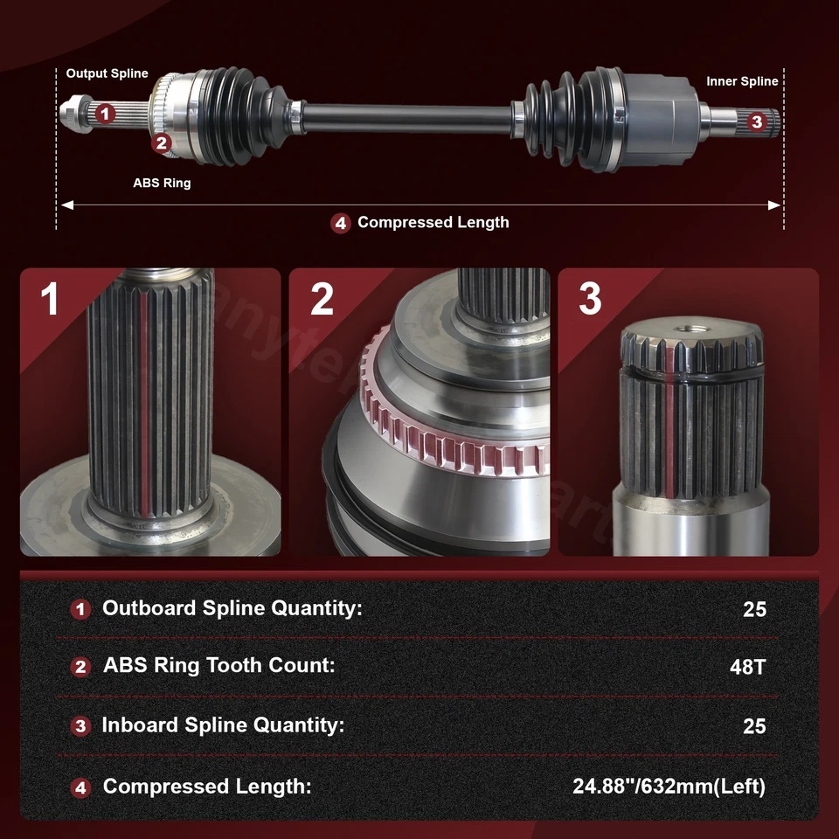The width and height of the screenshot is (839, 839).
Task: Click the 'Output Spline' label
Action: click(107, 73)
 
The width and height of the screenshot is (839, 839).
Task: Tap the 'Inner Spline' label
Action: click(742, 81)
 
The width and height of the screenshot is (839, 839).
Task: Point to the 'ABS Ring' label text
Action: click(162, 184)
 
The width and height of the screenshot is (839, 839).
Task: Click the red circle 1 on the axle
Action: click(105, 113)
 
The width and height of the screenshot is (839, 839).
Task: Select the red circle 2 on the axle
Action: click(161, 142)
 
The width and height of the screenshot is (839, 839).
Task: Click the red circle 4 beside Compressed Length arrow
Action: click(341, 223)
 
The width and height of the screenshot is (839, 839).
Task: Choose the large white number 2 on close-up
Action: click(322, 299)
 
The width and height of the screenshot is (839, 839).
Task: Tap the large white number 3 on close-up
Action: click(590, 299)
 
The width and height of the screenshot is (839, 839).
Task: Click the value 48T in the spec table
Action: click(747, 667)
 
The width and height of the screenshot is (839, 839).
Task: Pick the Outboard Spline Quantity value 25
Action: click(754, 609)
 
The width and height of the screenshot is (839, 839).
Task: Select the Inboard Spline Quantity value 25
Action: click(754, 726)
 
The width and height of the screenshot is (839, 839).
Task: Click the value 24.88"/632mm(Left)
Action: click(669, 787)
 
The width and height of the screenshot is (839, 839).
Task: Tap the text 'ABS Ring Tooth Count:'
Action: click(219, 665)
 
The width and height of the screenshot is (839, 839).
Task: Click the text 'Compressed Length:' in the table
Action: click(207, 787)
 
